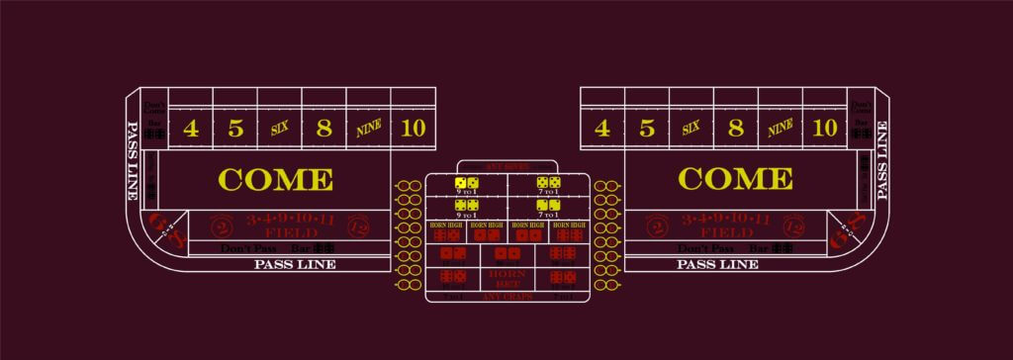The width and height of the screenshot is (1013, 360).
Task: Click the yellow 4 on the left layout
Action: click(x=191, y=128)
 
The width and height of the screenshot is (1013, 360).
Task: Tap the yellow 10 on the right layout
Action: click(x=823, y=128)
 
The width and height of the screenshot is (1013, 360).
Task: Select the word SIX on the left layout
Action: click(x=279, y=128)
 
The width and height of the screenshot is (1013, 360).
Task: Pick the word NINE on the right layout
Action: click(x=780, y=128)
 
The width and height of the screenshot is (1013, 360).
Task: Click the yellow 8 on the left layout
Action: click(x=323, y=128)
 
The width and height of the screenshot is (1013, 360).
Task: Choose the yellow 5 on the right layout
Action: click(x=646, y=128)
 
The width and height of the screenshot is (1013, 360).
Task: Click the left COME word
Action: click(x=275, y=179)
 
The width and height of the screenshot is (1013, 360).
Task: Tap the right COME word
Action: click(x=734, y=179)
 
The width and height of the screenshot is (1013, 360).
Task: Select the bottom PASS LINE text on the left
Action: click(x=295, y=264)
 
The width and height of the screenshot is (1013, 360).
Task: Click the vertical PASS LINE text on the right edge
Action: click(x=879, y=158)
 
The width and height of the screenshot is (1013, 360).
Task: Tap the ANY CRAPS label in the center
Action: click(x=507, y=297)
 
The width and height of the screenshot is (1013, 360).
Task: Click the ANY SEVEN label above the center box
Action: click(x=507, y=165)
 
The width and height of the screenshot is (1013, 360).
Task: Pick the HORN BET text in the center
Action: click(x=507, y=276)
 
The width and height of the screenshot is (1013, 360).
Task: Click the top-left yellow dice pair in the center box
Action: click(x=467, y=183)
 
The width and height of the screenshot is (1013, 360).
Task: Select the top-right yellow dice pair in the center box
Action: click(x=548, y=183)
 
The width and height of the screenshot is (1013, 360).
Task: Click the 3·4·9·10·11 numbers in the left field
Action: click(x=289, y=220)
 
